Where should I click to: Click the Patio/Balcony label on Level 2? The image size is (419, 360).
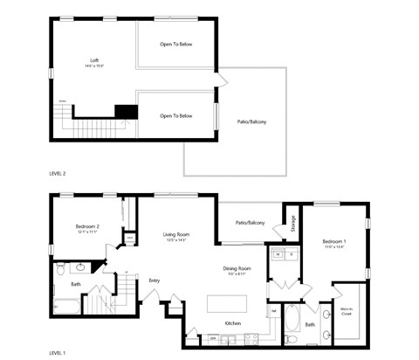(252, 121)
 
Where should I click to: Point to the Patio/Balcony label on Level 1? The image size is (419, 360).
(251, 223)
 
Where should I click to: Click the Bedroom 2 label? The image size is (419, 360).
(86, 226)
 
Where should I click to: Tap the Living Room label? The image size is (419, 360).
(176, 234)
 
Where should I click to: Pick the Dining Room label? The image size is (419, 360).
(237, 268)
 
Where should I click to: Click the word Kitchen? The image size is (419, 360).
(232, 324)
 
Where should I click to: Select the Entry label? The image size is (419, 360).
(154, 280)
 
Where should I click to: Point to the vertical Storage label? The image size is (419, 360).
(292, 224)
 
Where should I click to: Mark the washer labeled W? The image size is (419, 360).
(278, 254)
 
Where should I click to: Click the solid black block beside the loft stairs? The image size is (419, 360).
(127, 112)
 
